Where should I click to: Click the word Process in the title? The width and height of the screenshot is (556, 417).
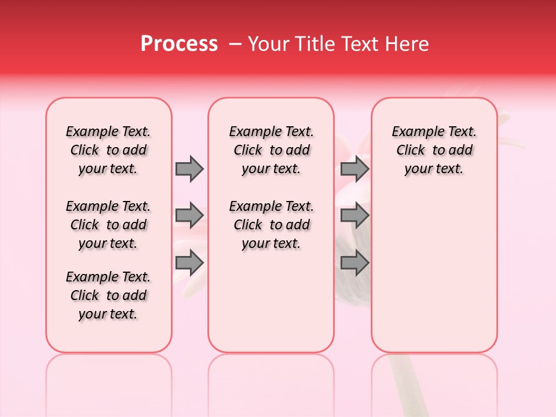(x=179, y=44)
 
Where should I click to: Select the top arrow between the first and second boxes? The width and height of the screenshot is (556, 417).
(x=189, y=169)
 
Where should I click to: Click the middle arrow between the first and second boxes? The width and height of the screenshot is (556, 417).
(x=189, y=216)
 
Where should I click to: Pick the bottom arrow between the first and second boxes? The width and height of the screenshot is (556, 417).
(x=189, y=263)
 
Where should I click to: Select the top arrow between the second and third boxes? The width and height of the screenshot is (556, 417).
(x=354, y=169)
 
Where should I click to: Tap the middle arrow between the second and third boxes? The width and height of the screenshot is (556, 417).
(x=354, y=216)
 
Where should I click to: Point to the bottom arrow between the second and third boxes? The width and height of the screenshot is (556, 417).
(x=354, y=263)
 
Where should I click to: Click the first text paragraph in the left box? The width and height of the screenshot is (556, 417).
(x=108, y=151)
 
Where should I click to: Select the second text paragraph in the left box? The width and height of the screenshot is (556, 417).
(x=108, y=225)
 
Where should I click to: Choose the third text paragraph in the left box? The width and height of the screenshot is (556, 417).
(x=108, y=295)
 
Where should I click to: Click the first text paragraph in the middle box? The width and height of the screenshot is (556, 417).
(x=271, y=151)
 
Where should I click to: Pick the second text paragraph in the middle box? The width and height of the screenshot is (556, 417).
(x=271, y=225)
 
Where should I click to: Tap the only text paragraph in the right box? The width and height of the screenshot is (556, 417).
(x=434, y=151)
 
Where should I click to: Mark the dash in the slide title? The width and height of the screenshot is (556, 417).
(x=235, y=44)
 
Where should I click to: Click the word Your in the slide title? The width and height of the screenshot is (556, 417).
(x=267, y=44)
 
